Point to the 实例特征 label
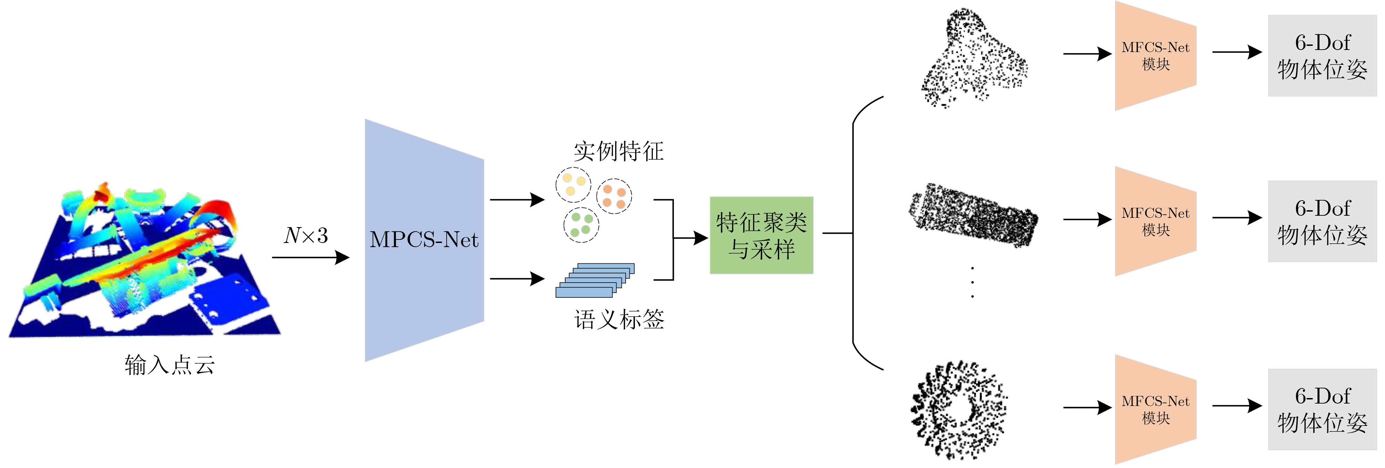click(618, 151)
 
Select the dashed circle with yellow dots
click(573, 184)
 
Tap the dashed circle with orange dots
click(614, 196)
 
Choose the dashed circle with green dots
click(581, 225)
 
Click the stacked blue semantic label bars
click(595, 280)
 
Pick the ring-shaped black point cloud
click(958, 410)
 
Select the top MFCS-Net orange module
click(1155, 55)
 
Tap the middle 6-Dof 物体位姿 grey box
click(1322, 221)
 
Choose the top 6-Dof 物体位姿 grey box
click(1322, 56)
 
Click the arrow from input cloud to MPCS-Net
click(310, 257)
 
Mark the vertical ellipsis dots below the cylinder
click(972, 282)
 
